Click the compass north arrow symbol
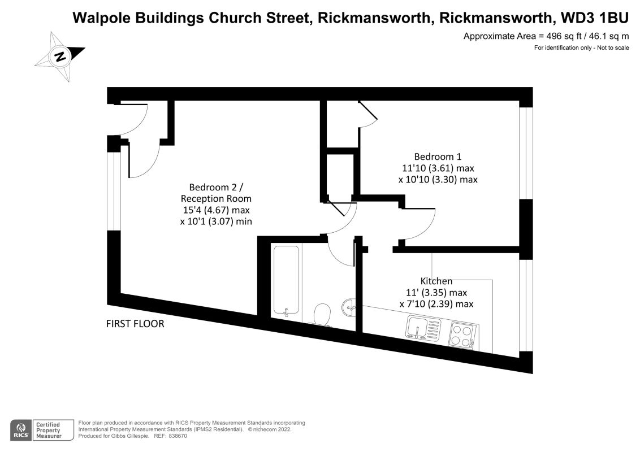pos(59,56)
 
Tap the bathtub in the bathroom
pos(287,279)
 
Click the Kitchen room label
pos(436,281)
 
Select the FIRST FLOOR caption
pos(135,324)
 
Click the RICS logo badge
pos(21,429)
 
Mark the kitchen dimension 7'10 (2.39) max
pos(436,304)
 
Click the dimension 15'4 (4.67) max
pos(215,210)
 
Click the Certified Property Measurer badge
pos(54,429)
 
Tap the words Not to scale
pos(613,48)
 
